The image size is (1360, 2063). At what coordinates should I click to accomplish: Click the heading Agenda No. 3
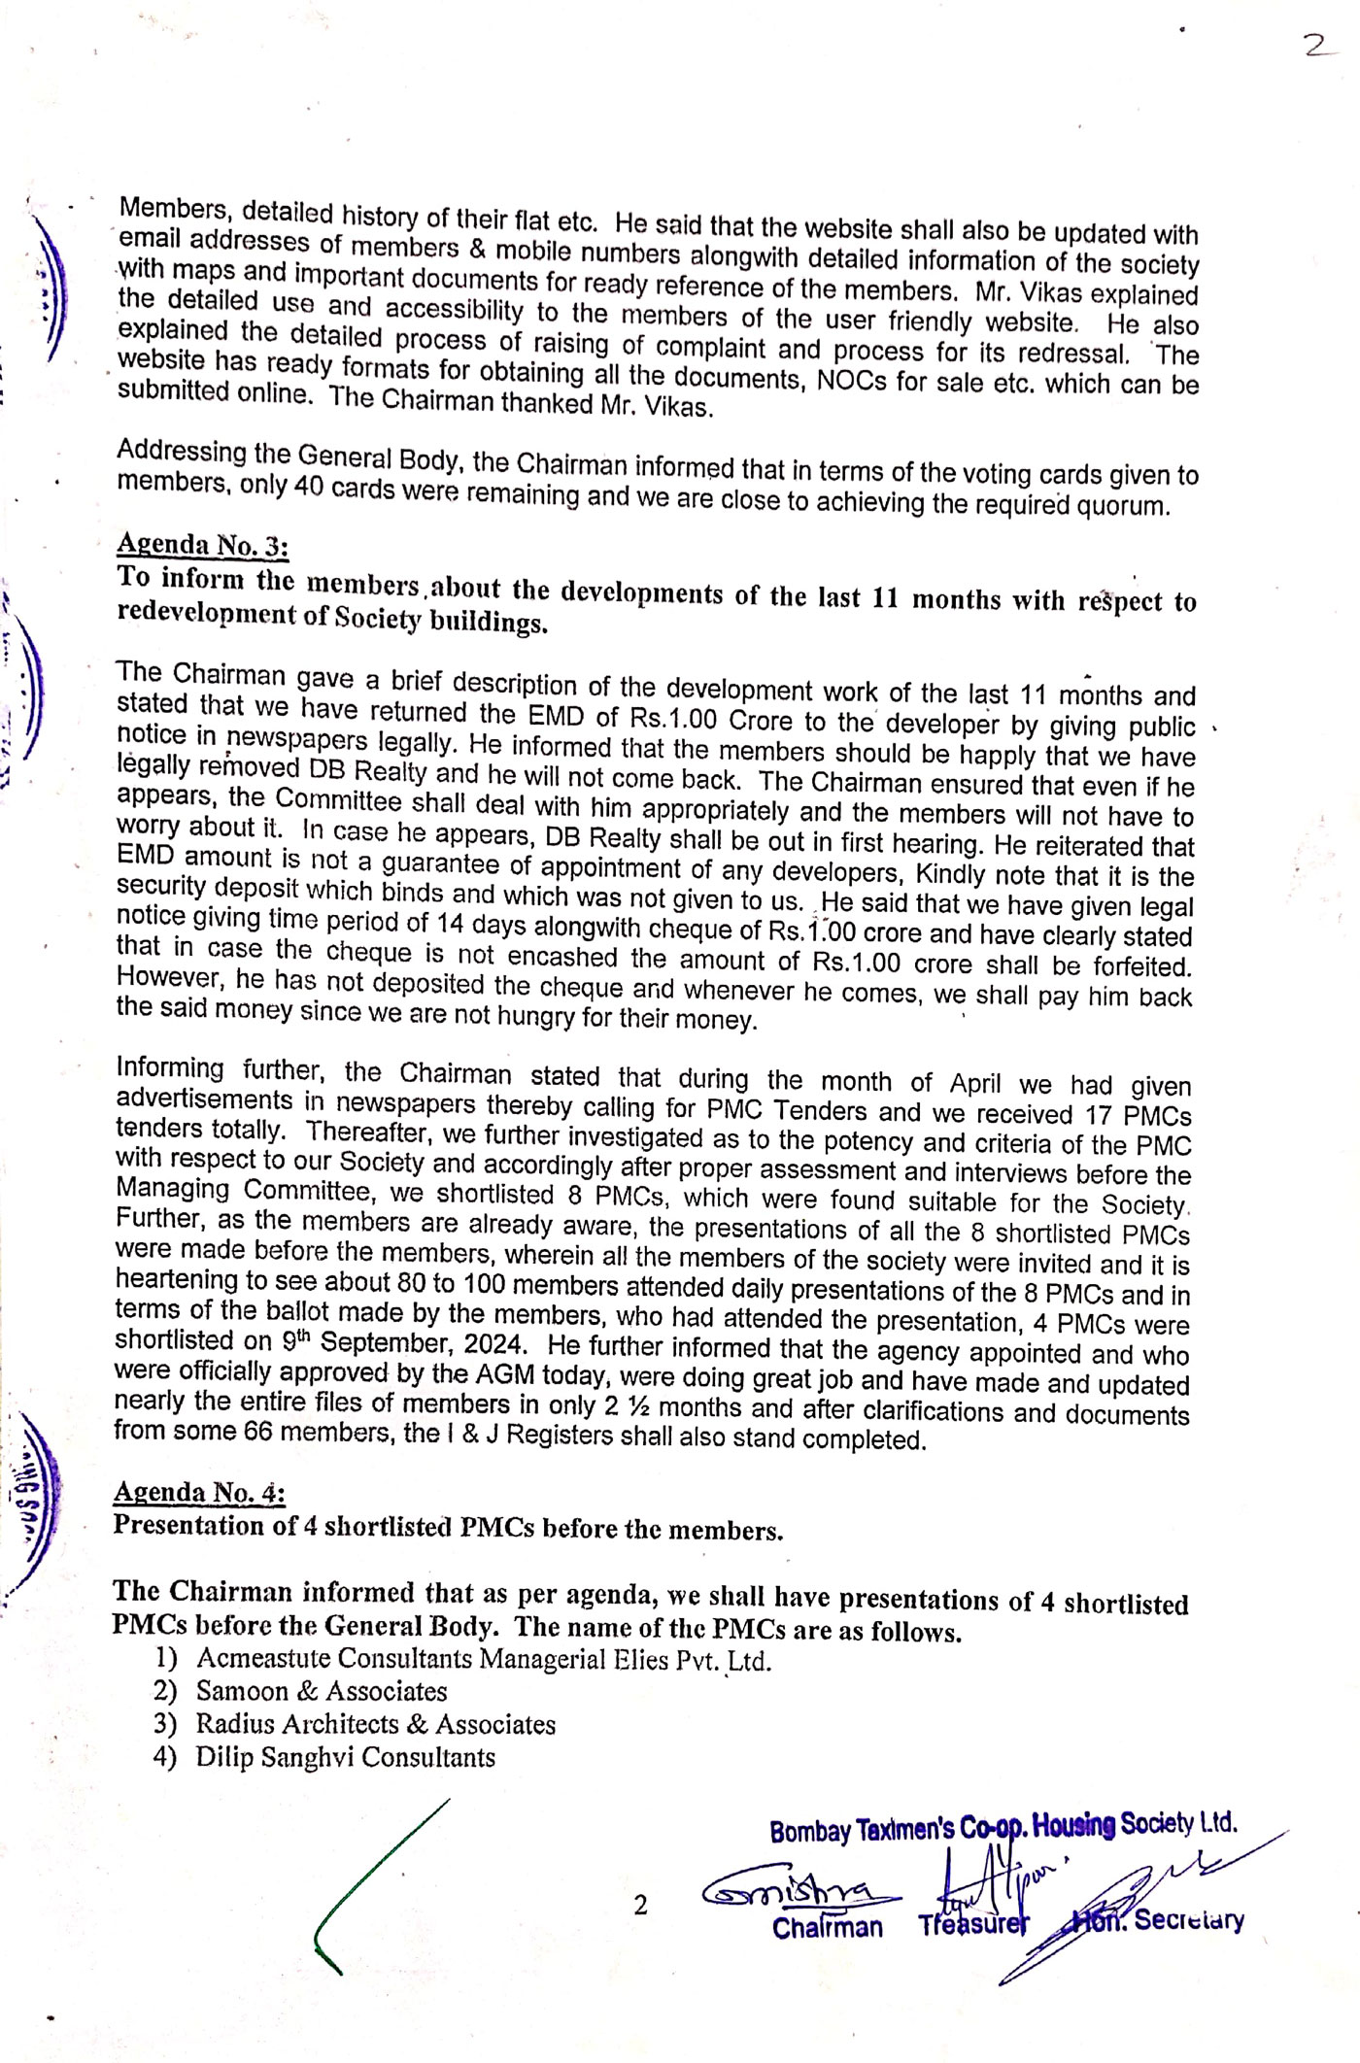click(x=202, y=546)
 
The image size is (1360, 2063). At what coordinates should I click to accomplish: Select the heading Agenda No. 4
click(x=199, y=1492)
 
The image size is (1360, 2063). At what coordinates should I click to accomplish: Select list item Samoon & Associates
click(x=322, y=1692)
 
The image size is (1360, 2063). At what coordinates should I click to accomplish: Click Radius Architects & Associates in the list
click(x=376, y=1725)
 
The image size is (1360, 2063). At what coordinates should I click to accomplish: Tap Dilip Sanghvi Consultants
click(x=346, y=1758)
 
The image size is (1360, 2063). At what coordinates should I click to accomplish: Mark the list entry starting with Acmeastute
click(x=484, y=1659)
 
